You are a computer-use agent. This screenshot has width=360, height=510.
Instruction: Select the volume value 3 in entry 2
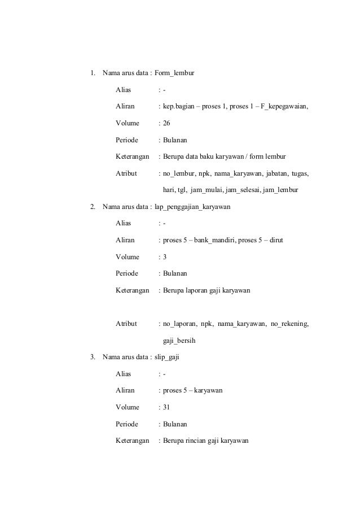pyautogui.click(x=165, y=257)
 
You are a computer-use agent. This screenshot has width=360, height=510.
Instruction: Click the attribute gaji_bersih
pyautogui.click(x=179, y=341)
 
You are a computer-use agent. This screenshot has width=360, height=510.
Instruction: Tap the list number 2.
pyautogui.click(x=93, y=206)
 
